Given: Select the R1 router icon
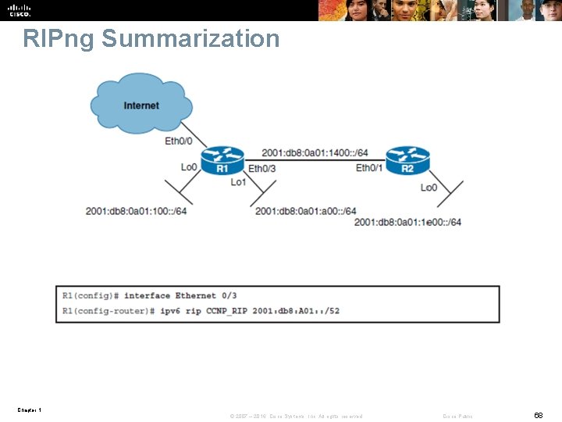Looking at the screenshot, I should point(222,162).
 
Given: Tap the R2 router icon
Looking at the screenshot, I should point(407,162).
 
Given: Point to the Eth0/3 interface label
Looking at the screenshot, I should point(261,168).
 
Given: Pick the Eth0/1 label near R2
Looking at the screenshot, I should point(369,168).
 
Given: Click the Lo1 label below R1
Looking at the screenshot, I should point(238,182).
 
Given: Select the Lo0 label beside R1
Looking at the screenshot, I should point(189,167).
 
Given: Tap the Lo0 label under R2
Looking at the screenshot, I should point(429,188).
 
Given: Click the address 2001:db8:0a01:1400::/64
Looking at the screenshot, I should point(315,152).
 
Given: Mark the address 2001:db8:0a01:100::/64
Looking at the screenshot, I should point(136,211).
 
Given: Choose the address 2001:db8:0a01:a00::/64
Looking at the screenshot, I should point(305,211).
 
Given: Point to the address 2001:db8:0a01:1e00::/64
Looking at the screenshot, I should point(407,222).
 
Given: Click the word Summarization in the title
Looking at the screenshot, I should point(190,38).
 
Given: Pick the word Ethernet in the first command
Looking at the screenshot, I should point(195,295).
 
